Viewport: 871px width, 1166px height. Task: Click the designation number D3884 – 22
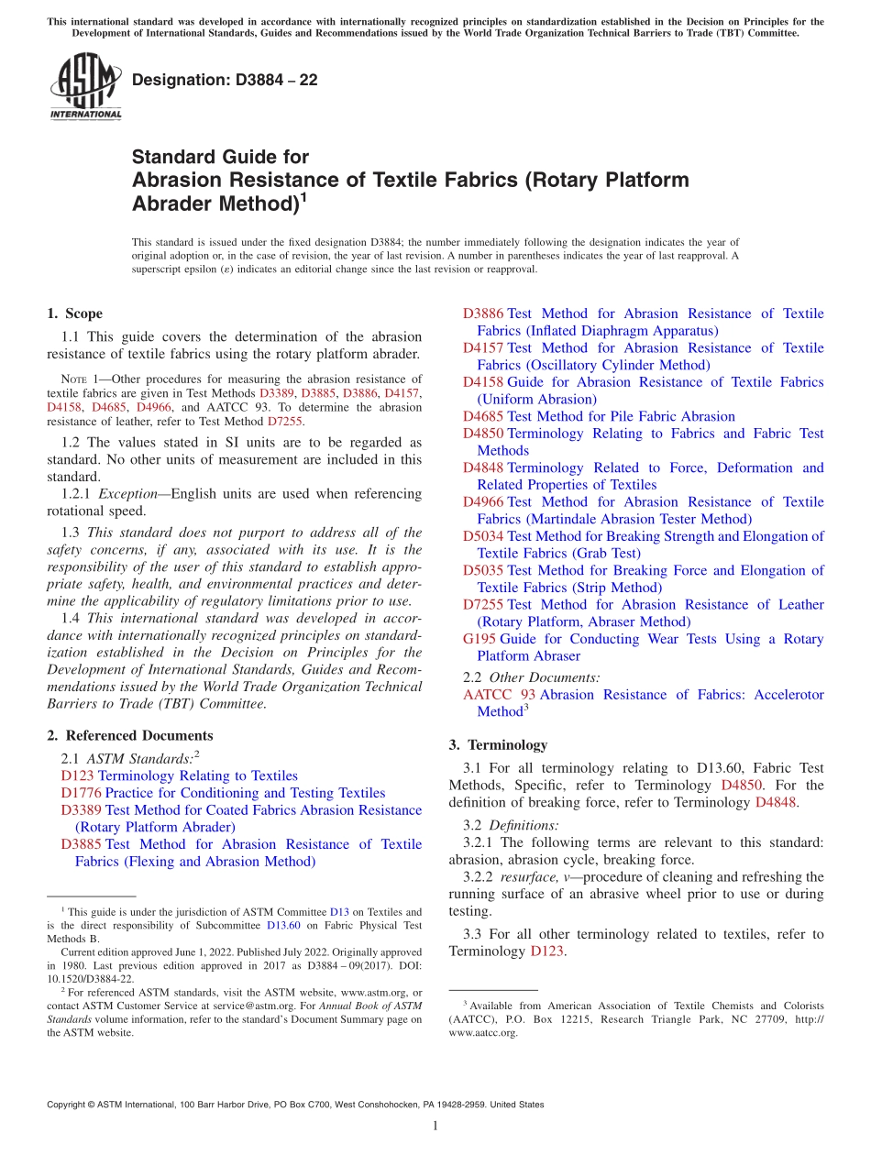tap(225, 80)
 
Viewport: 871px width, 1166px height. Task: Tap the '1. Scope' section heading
tap(74, 313)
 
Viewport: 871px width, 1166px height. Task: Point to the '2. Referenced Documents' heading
tap(129, 735)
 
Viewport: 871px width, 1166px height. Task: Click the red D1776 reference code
tap(81, 793)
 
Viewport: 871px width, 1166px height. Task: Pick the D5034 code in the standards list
tap(483, 536)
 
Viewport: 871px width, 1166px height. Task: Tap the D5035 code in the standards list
tap(483, 570)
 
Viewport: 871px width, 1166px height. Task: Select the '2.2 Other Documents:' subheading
tap(532, 677)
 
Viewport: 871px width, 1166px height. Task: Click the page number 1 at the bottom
tap(435, 1127)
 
